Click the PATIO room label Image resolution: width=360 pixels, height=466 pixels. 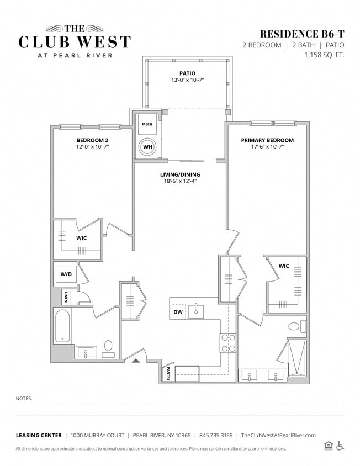coord(187,73)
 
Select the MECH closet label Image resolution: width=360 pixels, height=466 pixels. coord(147,124)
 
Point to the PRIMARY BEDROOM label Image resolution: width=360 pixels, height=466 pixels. coord(267,140)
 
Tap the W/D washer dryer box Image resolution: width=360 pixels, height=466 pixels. coord(65,274)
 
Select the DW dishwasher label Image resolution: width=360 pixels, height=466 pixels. coord(177,313)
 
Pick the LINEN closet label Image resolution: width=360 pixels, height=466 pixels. coord(66,297)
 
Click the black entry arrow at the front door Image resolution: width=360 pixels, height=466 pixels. coord(136,361)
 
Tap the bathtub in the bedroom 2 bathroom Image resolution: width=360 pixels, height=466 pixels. coord(62,326)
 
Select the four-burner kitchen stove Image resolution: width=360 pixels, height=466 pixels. coord(228,343)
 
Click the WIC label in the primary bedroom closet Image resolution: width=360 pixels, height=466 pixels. coord(284,266)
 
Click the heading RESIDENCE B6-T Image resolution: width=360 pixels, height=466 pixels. coord(299,34)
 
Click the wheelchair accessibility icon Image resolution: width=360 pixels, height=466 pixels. coord(340,446)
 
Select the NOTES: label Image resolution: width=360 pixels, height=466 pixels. coord(24,398)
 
